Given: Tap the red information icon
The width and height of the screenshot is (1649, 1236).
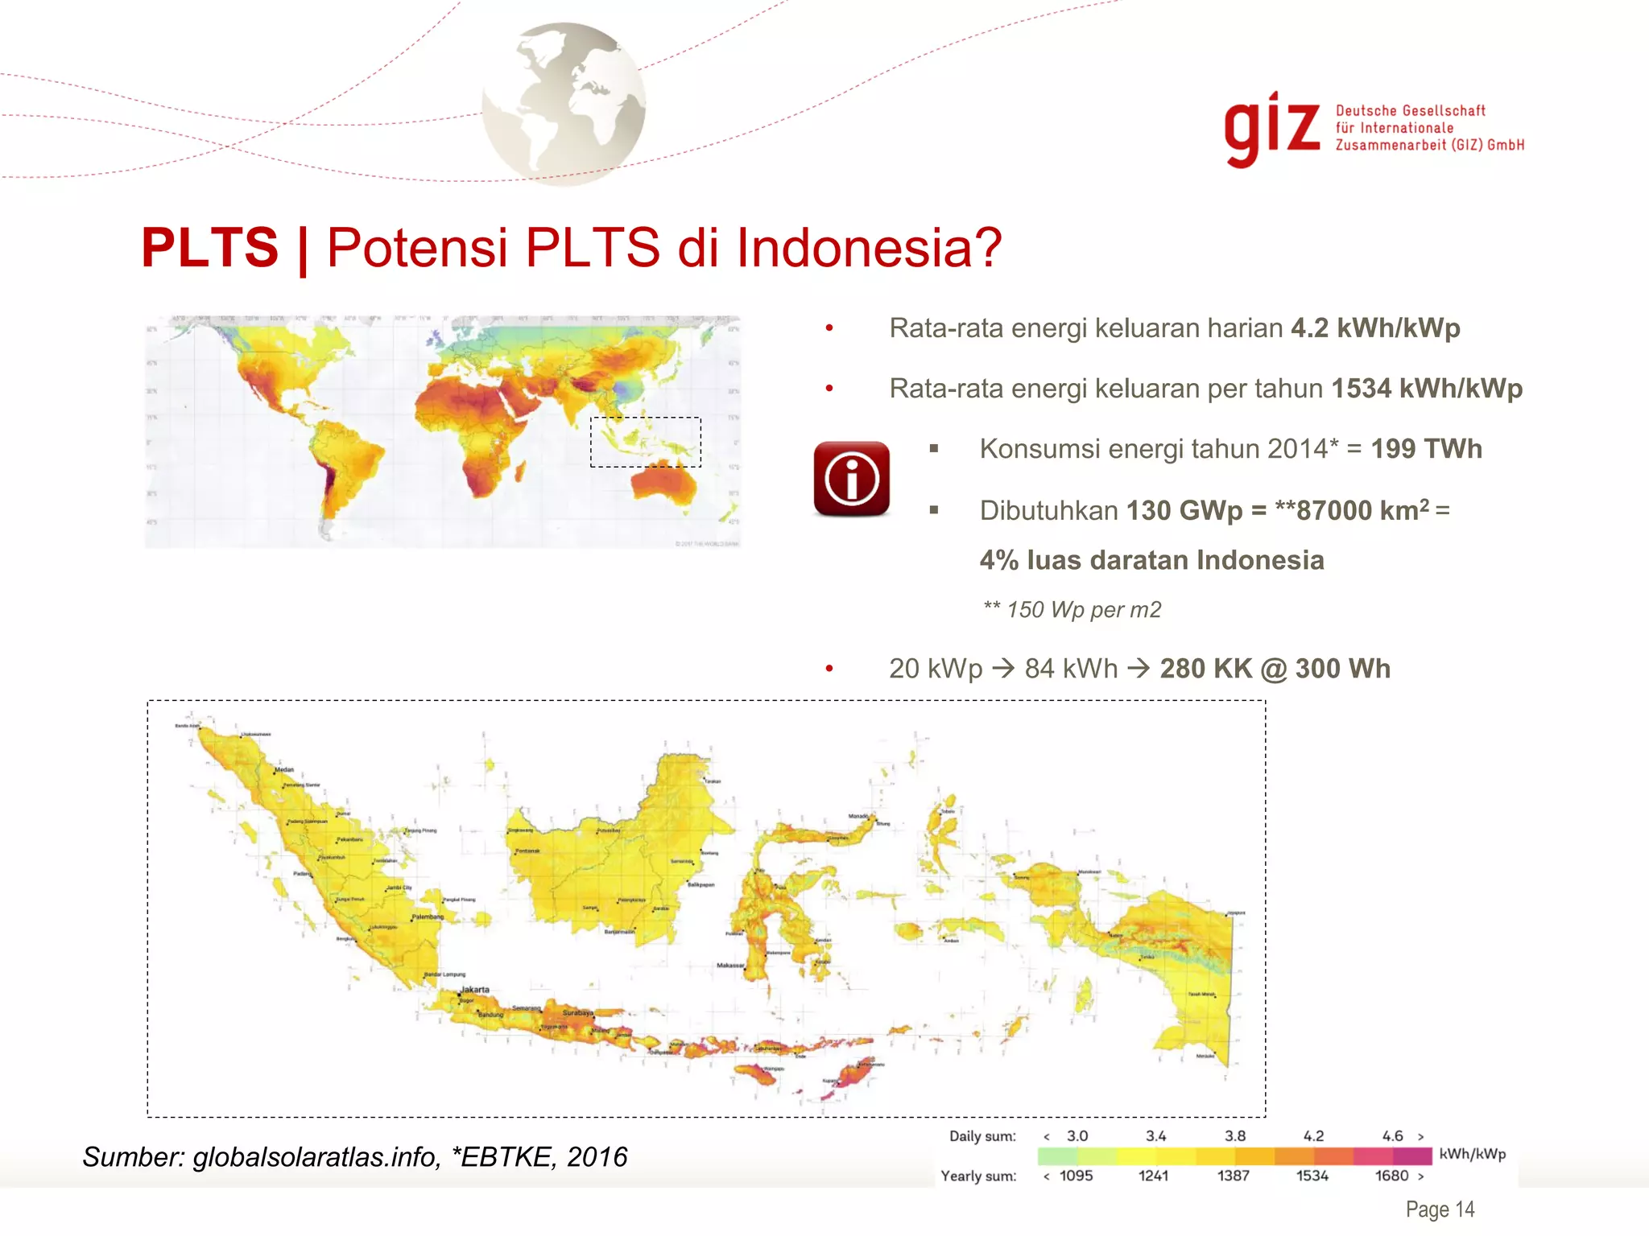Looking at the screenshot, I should (851, 479).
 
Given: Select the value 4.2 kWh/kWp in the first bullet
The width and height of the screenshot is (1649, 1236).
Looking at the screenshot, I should (1375, 328).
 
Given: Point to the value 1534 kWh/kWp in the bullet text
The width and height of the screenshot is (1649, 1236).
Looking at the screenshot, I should (1426, 389).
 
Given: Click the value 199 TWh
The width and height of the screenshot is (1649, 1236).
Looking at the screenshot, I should (1426, 449).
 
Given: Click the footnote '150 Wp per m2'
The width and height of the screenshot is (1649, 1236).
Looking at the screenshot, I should (1083, 610).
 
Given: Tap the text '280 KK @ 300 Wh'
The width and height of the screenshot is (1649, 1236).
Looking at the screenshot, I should (1275, 669).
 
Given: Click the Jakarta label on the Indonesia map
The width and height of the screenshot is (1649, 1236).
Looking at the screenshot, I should (474, 989).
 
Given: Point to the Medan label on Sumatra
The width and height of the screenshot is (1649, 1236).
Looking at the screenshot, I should (284, 769).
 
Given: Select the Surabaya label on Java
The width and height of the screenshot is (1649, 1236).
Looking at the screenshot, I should (577, 1012).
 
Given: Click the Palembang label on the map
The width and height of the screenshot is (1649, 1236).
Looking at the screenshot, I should (428, 917).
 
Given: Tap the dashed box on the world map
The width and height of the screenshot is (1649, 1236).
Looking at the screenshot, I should (645, 442).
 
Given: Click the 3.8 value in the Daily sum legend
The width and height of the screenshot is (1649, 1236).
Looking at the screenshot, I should (1234, 1136).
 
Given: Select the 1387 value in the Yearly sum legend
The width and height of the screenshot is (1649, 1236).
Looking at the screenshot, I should (1233, 1176).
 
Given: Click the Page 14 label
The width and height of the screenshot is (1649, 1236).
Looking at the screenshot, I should (1440, 1209).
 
